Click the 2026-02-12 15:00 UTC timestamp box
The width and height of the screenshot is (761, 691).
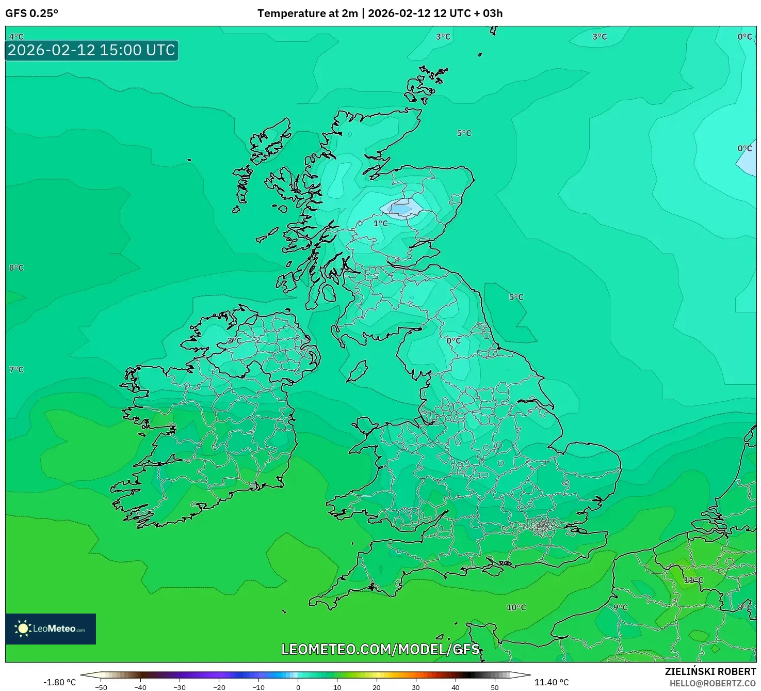(x=91, y=50)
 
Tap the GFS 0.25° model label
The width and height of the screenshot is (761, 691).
(x=31, y=13)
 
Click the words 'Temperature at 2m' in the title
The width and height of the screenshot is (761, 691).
(x=307, y=13)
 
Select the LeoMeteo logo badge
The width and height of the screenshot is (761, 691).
(x=51, y=629)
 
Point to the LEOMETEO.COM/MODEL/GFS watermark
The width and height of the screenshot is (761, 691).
(x=380, y=649)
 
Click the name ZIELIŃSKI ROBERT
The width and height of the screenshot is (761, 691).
(x=710, y=671)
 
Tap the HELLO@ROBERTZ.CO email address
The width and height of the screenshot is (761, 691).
(x=713, y=683)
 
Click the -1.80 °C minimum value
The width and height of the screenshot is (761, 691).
(x=59, y=682)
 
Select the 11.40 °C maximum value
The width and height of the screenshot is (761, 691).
(x=551, y=682)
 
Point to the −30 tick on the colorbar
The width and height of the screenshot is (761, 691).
(x=180, y=687)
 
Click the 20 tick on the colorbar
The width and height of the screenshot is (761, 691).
(x=377, y=687)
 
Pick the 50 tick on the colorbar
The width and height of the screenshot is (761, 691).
(x=495, y=687)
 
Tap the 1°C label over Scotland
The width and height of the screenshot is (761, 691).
(x=380, y=223)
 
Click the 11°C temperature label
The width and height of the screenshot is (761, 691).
(x=693, y=580)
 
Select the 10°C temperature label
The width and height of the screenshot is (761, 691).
(x=516, y=607)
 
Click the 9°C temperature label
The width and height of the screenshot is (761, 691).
(x=620, y=607)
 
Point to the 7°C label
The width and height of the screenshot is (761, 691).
(x=17, y=370)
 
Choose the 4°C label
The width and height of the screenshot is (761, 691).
(x=17, y=37)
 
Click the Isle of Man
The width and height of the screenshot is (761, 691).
(x=357, y=371)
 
